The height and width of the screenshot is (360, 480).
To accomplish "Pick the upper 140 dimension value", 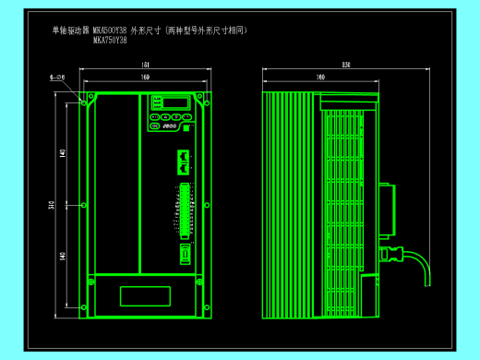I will tap(63, 152).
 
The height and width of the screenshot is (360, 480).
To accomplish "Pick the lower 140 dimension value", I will tap(63, 256).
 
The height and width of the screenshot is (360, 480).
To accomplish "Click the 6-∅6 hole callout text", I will tap(56, 79).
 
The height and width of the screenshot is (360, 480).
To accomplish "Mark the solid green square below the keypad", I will tap(187, 129).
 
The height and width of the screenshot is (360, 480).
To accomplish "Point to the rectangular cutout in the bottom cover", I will tap(146, 295).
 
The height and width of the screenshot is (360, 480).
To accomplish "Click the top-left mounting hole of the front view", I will tap(90, 95).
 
